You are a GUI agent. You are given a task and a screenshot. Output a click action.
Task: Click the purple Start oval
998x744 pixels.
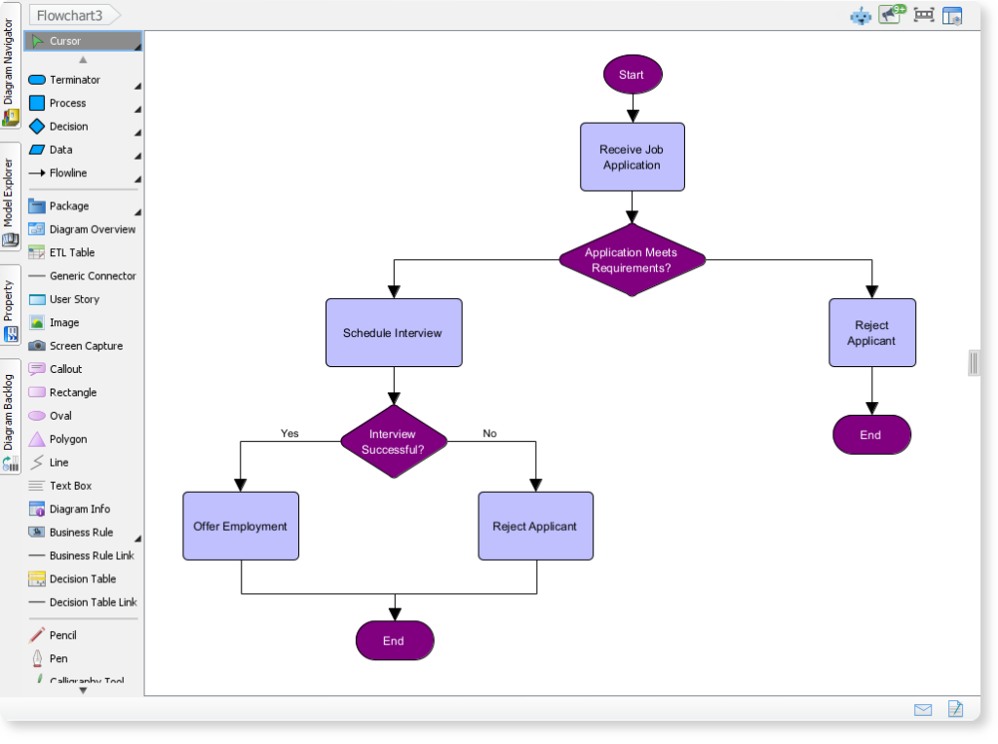pyautogui.click(x=632, y=75)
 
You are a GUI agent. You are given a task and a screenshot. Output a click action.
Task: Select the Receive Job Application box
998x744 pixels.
pyautogui.click(x=632, y=157)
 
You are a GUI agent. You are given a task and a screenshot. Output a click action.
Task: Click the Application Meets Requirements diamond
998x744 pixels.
pyautogui.click(x=632, y=260)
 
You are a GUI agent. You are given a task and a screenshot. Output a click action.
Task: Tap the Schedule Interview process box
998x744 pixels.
pyautogui.click(x=393, y=333)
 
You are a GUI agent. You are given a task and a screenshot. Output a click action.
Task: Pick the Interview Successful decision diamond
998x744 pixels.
pyautogui.click(x=393, y=442)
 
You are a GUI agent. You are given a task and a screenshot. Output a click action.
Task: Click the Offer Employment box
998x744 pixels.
pyautogui.click(x=240, y=526)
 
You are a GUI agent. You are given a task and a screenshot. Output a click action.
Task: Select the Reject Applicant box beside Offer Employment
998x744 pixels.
pyautogui.click(x=535, y=526)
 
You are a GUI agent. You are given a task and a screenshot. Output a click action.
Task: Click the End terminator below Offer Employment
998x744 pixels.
pyautogui.click(x=394, y=641)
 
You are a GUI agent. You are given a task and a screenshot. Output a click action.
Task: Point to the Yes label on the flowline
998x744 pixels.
pyautogui.click(x=289, y=433)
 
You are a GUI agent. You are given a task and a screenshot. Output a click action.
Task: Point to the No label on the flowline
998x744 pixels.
pyautogui.click(x=489, y=433)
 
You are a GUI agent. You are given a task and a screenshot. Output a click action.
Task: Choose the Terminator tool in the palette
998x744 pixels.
pyautogui.click(x=74, y=80)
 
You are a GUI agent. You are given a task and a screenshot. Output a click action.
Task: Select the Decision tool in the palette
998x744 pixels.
pyautogui.click(x=68, y=127)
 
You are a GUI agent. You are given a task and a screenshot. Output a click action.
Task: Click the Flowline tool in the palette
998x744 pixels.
pyautogui.click(x=67, y=173)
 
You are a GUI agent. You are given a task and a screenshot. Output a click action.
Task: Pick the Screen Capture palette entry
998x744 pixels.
pyautogui.click(x=86, y=346)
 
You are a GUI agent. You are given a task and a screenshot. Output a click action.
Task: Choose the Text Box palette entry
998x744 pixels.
pyautogui.click(x=70, y=486)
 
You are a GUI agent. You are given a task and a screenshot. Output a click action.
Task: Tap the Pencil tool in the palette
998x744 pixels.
pyautogui.click(x=62, y=635)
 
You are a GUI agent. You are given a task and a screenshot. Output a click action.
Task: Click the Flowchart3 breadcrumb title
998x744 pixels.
pyautogui.click(x=69, y=16)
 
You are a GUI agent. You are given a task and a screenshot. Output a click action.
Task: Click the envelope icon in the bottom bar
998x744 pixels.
pyautogui.click(x=923, y=710)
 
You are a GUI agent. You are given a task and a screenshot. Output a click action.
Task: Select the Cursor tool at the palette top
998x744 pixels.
pyautogui.click(x=65, y=41)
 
